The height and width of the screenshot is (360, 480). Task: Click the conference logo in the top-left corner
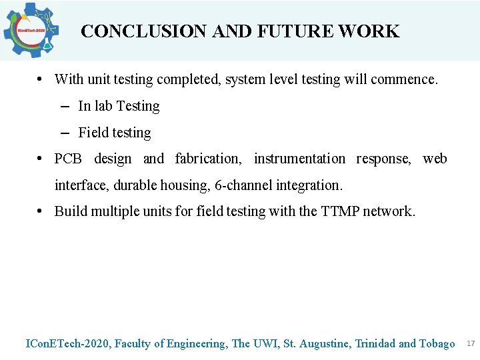click(x=31, y=30)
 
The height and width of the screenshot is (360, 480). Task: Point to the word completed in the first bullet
click(x=189, y=79)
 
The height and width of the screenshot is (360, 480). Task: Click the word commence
click(x=404, y=79)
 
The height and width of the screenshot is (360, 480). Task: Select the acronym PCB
click(x=68, y=159)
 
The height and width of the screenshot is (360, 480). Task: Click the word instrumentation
click(x=299, y=159)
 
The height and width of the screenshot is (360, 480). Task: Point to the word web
click(x=435, y=159)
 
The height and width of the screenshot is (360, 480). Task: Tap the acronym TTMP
click(x=340, y=211)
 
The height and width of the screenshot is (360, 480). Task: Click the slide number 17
click(x=470, y=343)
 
